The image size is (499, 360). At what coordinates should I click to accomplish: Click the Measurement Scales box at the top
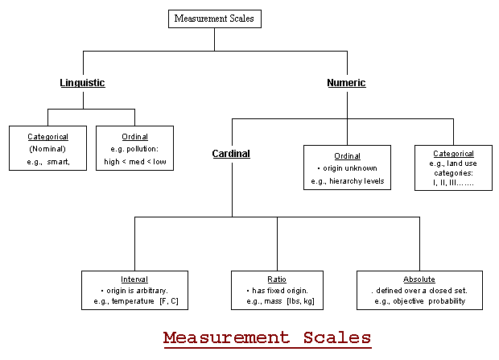(215, 18)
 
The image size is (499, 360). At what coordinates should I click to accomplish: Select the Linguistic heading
(82, 82)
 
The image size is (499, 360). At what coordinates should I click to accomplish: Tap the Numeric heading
(346, 82)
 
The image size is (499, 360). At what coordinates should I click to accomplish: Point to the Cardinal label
(231, 153)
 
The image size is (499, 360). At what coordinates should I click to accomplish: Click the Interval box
(134, 290)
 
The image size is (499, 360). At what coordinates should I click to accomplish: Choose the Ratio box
(277, 290)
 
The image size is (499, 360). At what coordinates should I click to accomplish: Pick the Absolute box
(419, 290)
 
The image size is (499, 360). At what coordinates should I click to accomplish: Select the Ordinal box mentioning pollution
(134, 148)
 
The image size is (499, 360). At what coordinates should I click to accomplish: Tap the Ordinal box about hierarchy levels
(347, 168)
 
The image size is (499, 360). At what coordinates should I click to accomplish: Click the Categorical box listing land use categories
(453, 168)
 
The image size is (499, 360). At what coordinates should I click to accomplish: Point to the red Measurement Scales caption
(266, 337)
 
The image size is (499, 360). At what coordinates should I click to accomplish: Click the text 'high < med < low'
(134, 161)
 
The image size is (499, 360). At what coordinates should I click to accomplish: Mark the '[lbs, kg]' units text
(298, 300)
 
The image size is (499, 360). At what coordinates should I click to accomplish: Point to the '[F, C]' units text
(169, 300)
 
